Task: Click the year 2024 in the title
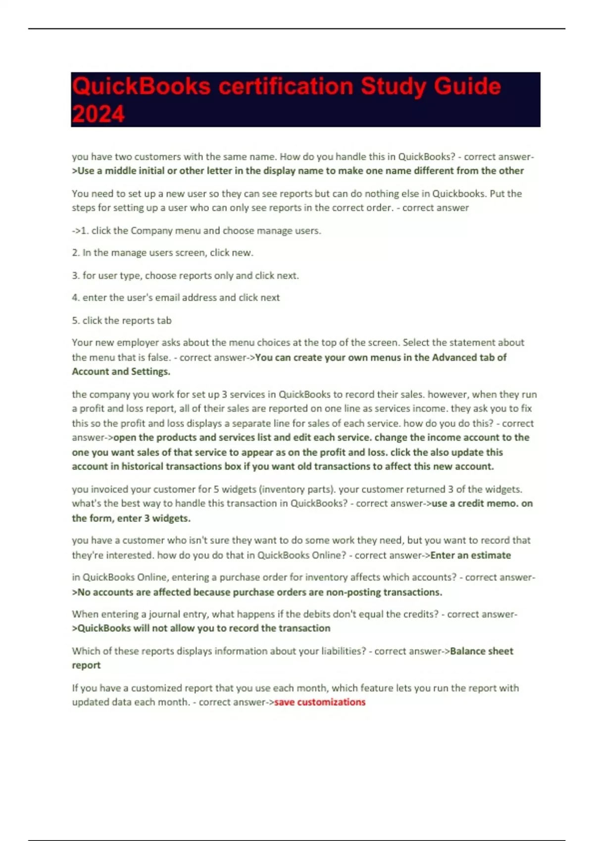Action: click(x=98, y=114)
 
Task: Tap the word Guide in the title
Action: click(x=467, y=86)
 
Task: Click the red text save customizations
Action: click(x=320, y=702)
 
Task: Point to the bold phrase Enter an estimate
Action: click(x=470, y=555)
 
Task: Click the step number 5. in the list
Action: click(x=76, y=321)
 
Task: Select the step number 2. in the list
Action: click(x=76, y=253)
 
